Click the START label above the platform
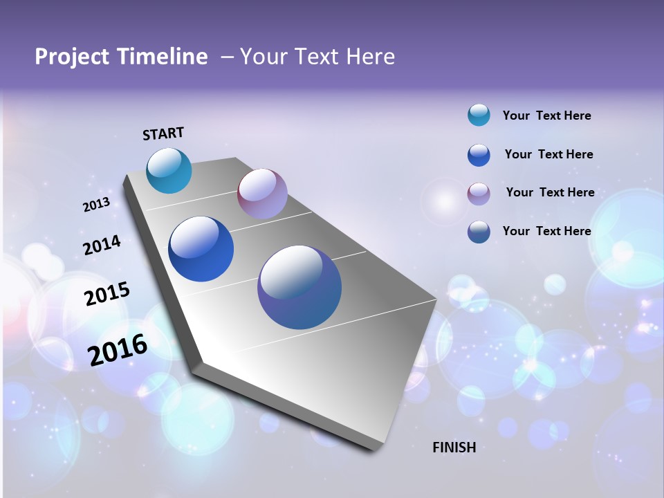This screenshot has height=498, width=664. tap(163, 133)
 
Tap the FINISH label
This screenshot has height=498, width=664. tap(454, 448)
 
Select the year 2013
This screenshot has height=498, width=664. tap(96, 205)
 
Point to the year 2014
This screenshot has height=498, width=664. tap(102, 245)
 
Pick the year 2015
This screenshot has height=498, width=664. tap(107, 293)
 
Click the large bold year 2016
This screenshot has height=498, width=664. tap(118, 349)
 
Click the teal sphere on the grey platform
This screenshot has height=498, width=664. tap(169, 170)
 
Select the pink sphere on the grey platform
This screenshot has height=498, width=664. tap(262, 194)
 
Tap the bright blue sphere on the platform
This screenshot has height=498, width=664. tap(201, 249)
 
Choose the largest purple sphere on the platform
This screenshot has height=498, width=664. tap(299, 287)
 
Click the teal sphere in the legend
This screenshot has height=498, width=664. tap(479, 116)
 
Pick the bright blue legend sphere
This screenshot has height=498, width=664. tap(479, 155)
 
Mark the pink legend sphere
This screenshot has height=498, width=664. tap(479, 194)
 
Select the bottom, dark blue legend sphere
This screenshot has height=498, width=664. tap(479, 232)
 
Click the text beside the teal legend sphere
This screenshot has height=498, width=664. tap(546, 116)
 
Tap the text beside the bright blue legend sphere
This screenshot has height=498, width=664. tap(548, 154)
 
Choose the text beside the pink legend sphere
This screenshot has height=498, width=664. tap(550, 192)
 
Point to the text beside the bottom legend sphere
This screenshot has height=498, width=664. tap(546, 231)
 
